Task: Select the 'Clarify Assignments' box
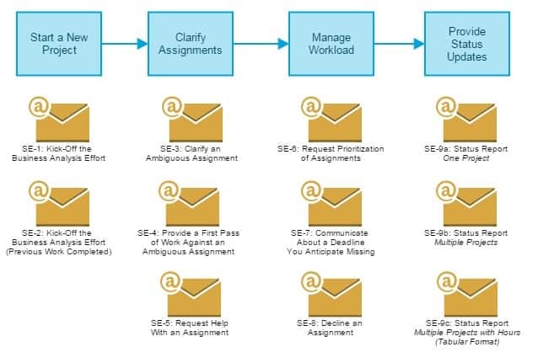point(191,44)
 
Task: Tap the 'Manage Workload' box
point(331,44)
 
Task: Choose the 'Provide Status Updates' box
point(467,44)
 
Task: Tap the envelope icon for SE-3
point(192,120)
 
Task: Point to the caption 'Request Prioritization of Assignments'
point(331,153)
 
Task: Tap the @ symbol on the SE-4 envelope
point(170,190)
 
